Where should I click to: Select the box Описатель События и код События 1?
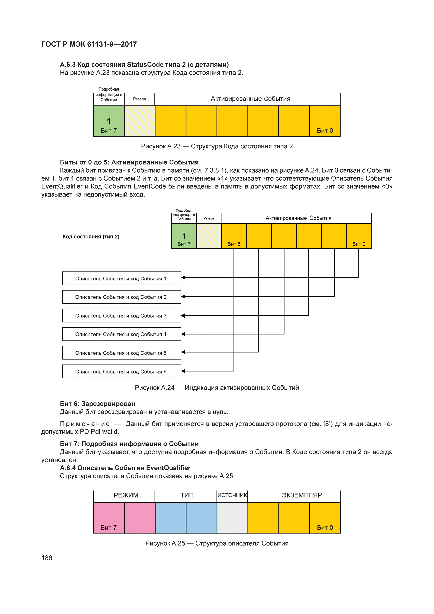(x=122, y=278)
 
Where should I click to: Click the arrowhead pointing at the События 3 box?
(x=183, y=316)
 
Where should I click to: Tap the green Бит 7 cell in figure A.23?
(x=109, y=121)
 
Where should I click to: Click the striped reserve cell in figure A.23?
(x=140, y=121)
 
